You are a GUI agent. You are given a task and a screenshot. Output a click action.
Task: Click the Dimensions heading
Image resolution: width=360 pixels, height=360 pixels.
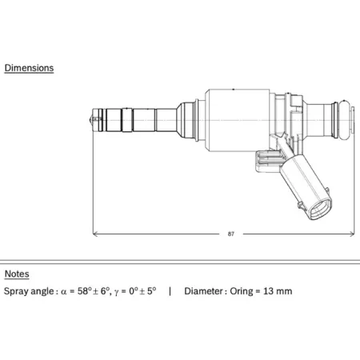[x=29, y=68]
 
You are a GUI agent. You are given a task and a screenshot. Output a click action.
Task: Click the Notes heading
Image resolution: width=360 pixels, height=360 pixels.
[x=17, y=274]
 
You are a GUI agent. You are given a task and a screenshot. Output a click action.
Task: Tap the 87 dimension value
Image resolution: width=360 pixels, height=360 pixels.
[x=231, y=234]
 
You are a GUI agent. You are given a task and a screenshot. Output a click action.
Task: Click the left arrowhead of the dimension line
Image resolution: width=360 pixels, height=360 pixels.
[x=95, y=234]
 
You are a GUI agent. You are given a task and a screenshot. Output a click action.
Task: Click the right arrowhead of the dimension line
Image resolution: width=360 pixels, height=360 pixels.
[x=352, y=234]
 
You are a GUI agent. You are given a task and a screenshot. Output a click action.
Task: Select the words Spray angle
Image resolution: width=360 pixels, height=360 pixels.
[x=29, y=291]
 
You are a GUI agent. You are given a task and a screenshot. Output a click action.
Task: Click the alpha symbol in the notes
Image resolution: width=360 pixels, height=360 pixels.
[x=63, y=292]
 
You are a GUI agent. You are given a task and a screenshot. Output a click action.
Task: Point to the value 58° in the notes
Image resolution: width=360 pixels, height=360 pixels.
[x=85, y=290]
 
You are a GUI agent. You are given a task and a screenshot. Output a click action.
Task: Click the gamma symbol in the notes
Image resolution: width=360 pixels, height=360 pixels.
[x=116, y=293]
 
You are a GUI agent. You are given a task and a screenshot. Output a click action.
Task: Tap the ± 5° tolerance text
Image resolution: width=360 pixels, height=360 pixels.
[x=148, y=290]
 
